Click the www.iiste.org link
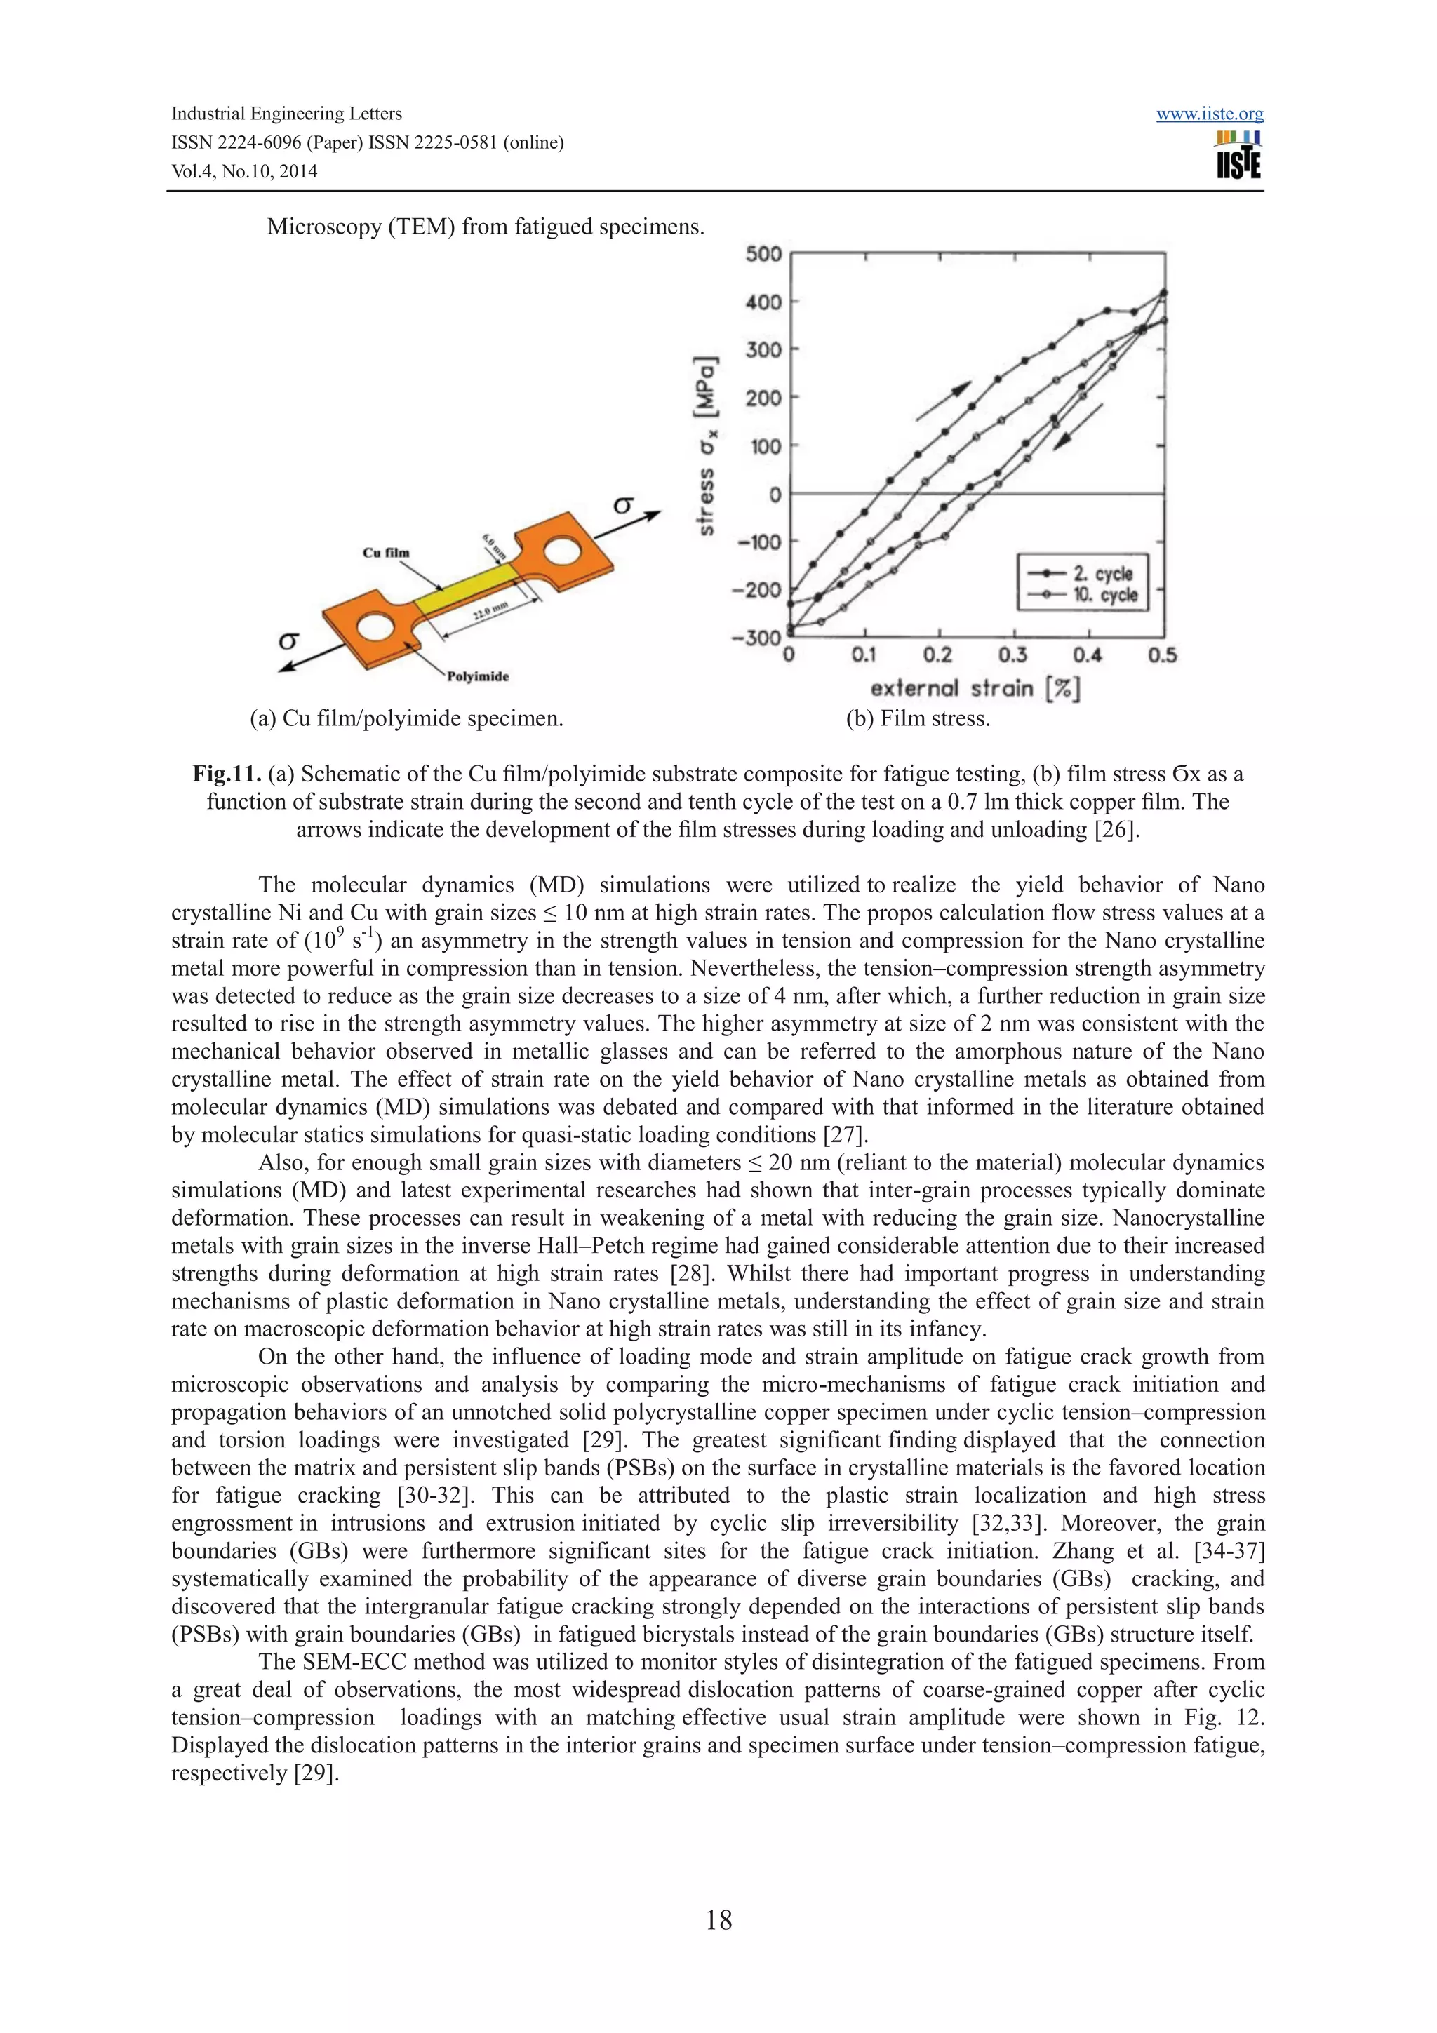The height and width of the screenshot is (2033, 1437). [x=1210, y=114]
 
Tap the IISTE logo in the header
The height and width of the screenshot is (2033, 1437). [x=1238, y=156]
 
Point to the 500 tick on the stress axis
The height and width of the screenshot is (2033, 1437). [x=763, y=254]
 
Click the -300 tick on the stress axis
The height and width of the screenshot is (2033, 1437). [x=757, y=638]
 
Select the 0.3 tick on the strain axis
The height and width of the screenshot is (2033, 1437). [x=1012, y=655]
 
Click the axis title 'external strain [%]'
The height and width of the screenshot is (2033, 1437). [x=975, y=689]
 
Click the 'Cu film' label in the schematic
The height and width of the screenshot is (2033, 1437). [x=386, y=553]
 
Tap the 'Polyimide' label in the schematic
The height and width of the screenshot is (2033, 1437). [x=477, y=676]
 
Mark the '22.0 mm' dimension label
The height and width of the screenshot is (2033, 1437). [x=490, y=611]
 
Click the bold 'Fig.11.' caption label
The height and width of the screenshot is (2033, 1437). [x=227, y=774]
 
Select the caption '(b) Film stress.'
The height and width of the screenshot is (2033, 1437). [x=917, y=719]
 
